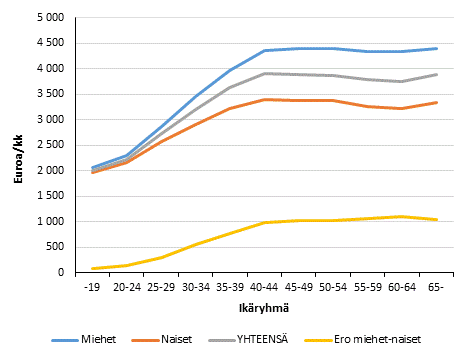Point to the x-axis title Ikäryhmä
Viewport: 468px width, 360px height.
(246, 307)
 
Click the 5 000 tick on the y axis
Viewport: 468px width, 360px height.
(49, 18)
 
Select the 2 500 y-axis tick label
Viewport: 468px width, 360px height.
(49, 145)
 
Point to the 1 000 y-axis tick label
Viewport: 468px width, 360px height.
(49, 221)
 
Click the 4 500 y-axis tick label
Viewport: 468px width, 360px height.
(49, 43)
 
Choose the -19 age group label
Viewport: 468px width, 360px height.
(92, 286)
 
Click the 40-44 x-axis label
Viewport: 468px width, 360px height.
(263, 286)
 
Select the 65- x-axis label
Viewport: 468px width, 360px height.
(434, 286)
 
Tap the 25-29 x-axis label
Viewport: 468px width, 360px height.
(160, 286)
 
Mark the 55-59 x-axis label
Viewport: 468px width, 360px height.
(366, 286)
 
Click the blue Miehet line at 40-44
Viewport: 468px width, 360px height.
(263, 51)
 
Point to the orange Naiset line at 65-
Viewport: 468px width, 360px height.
(434, 103)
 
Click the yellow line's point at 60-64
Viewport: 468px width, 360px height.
(400, 216)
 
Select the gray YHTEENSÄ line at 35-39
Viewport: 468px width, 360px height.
(229, 88)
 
